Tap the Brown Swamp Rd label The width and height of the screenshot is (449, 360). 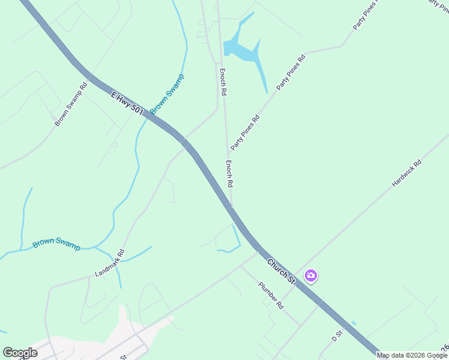71,103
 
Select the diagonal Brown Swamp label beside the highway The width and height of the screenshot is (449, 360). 167,94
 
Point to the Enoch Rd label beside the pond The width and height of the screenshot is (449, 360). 222,82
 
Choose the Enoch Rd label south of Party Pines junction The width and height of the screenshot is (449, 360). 229,173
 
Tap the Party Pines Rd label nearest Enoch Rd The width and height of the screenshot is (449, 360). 245,132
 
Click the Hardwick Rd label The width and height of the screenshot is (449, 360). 407,173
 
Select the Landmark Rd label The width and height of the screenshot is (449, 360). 109,263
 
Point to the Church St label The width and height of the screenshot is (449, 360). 282,271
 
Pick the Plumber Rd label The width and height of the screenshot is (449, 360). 271,295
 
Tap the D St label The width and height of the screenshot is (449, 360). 337,336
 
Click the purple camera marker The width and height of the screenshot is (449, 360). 311,276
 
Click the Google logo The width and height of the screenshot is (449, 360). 20,353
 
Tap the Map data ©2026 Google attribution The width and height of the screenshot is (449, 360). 412,355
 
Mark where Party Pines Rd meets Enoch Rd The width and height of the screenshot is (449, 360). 228,151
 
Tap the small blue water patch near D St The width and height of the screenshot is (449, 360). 353,324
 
